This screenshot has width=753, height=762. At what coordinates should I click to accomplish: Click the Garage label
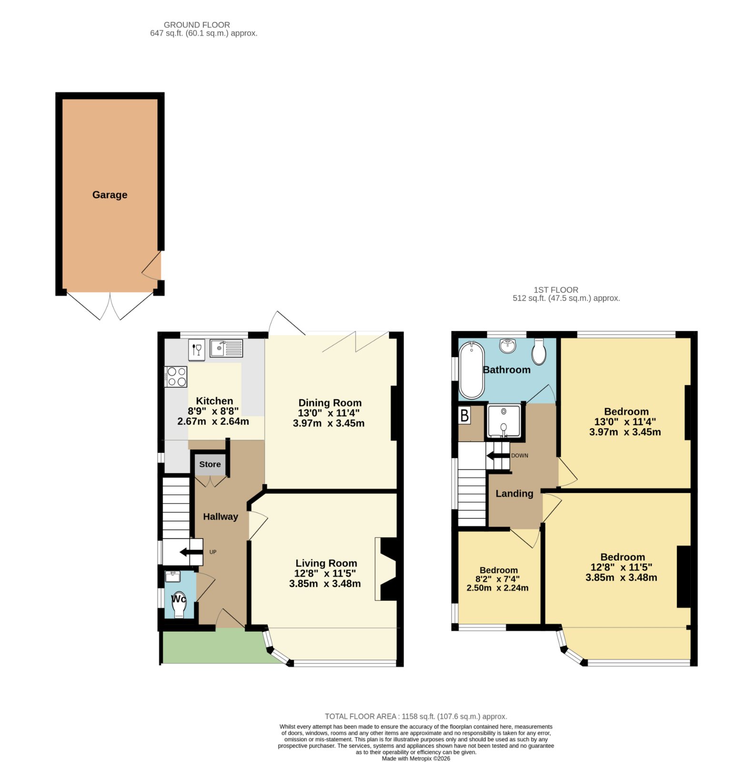click(x=109, y=195)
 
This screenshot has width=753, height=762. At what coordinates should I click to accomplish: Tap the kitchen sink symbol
click(x=226, y=348)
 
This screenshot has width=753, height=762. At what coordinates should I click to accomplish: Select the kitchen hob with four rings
click(x=176, y=376)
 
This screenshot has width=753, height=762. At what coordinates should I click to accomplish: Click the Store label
click(x=210, y=464)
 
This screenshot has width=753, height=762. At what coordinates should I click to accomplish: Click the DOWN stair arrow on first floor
click(x=498, y=456)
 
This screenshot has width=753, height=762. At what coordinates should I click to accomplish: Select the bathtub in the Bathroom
click(x=471, y=370)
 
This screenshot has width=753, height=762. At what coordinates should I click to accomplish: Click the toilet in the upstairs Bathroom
click(x=539, y=351)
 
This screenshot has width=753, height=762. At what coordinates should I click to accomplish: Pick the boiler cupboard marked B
click(x=465, y=416)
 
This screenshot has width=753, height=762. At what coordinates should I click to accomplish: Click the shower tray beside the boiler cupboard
click(x=504, y=421)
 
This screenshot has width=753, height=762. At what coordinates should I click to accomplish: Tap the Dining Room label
click(x=330, y=403)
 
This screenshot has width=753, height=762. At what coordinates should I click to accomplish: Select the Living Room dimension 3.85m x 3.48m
click(x=325, y=583)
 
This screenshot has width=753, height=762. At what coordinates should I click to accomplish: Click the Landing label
click(x=515, y=494)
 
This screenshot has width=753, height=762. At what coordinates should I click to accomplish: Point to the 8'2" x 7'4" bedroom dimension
click(x=497, y=579)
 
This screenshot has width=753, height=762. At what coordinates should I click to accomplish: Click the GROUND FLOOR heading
click(x=197, y=25)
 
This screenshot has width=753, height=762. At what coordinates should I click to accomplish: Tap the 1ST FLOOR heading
click(x=556, y=290)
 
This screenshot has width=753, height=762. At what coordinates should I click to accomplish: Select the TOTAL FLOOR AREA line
click(x=416, y=716)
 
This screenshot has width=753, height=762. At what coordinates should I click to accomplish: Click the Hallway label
click(x=220, y=517)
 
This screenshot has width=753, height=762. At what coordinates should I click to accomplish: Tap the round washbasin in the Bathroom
click(x=509, y=346)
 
